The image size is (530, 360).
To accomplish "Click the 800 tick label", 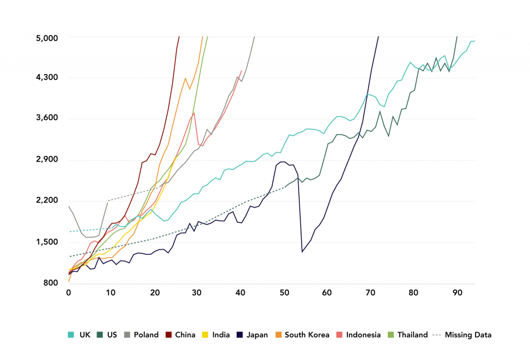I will pyautogui.click(x=54, y=283).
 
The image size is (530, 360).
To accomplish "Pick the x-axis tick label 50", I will pyautogui.click(x=284, y=293).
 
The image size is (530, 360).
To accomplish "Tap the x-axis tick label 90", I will pyautogui.click(x=457, y=293).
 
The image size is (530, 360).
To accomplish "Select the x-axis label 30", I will pyautogui.click(x=198, y=293).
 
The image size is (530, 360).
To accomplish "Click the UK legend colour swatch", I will pyautogui.click(x=71, y=335).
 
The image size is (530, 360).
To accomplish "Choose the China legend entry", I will pyautogui.click(x=181, y=335).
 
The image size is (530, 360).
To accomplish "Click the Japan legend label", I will pyautogui.click(x=257, y=335).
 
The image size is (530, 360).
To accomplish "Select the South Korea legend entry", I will pyautogui.click(x=307, y=335).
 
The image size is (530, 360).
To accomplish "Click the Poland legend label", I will pyautogui.click(x=146, y=335).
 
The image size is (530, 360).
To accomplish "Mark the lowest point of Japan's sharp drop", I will pyautogui.click(x=302, y=252).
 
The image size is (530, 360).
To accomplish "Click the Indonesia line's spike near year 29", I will pyautogui.click(x=194, y=112).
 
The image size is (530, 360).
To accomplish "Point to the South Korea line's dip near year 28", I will pyautogui.click(x=190, y=89).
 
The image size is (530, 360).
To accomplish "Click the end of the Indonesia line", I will pyautogui.click(x=241, y=71).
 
